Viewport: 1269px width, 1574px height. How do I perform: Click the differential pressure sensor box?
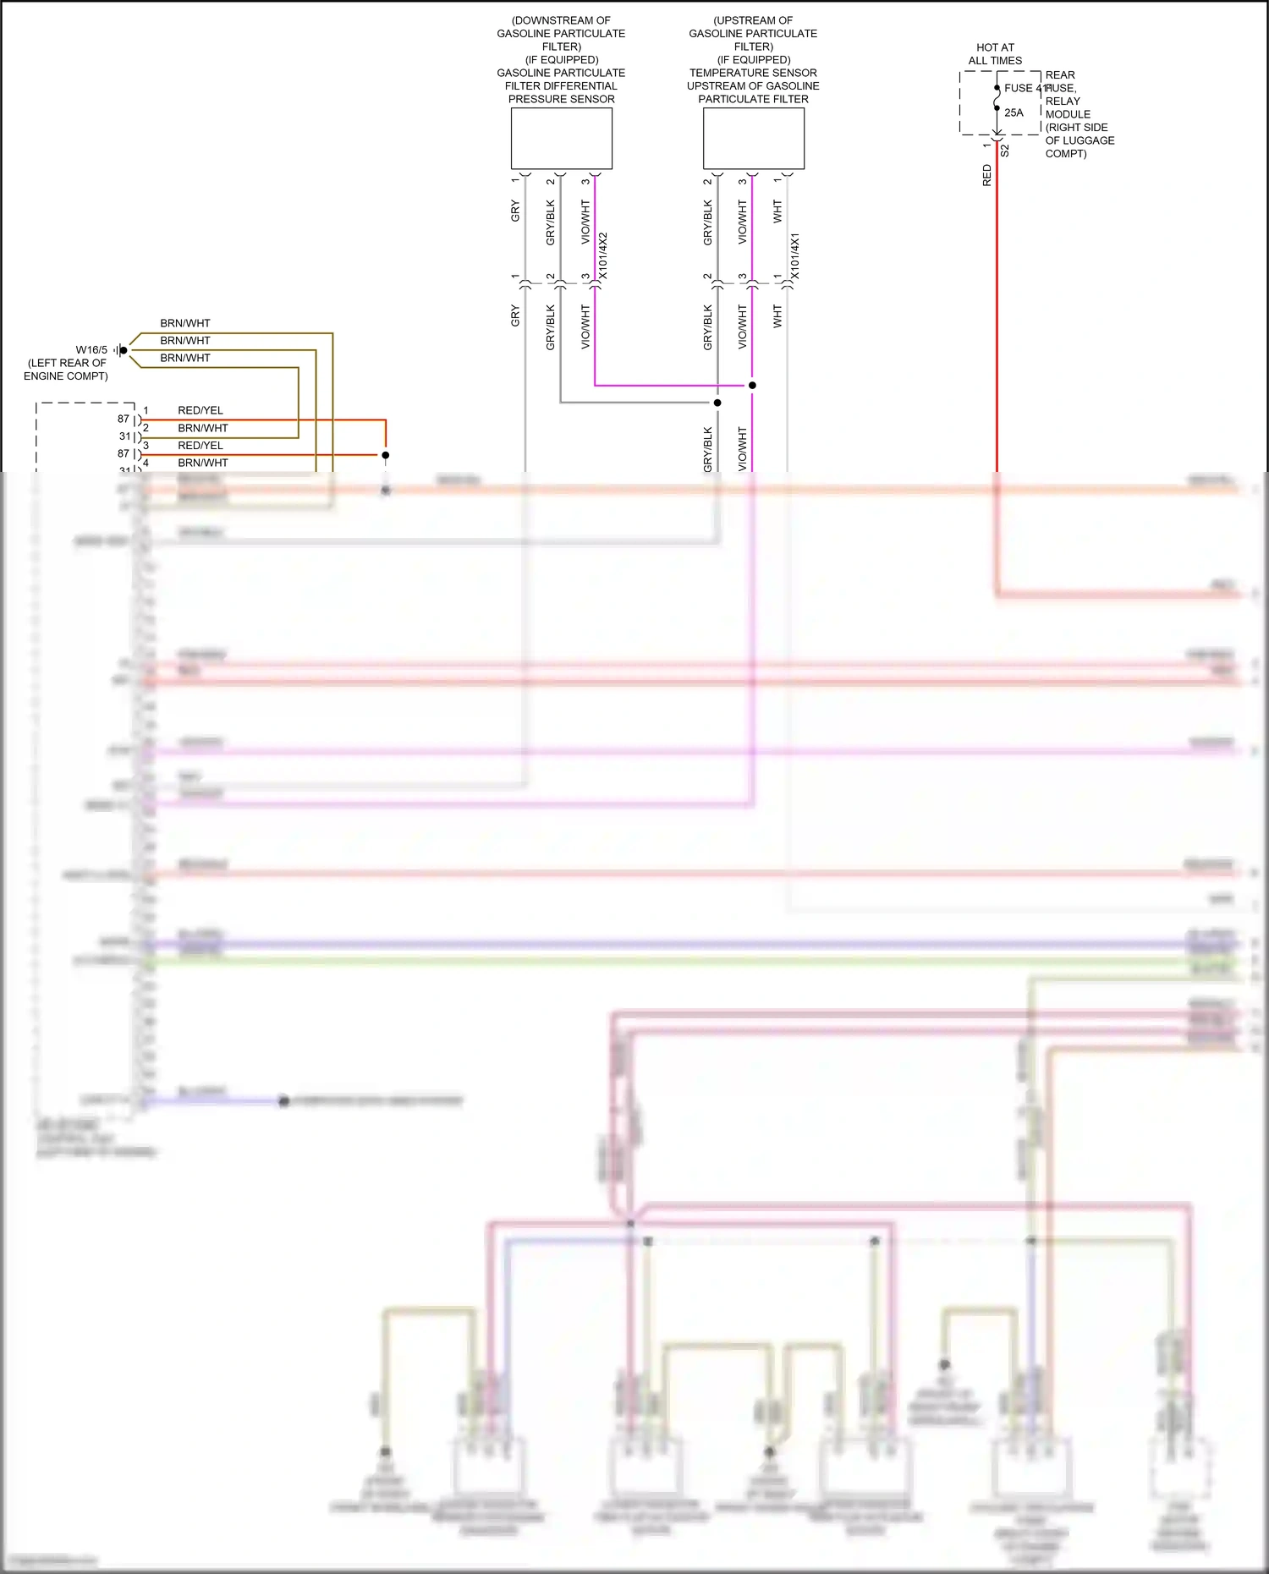tap(561, 138)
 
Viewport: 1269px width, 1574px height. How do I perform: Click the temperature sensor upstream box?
tap(753, 138)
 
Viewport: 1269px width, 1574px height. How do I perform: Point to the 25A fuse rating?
tap(1014, 112)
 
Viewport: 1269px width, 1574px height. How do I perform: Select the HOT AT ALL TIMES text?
tap(995, 54)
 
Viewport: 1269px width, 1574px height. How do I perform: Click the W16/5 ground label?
tap(91, 350)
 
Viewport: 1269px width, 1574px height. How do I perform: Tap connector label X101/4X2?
tap(603, 255)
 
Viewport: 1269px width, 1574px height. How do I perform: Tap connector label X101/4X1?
tap(794, 255)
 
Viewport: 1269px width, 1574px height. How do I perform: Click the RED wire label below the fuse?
tap(986, 176)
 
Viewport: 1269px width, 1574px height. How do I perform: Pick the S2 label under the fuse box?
tap(1005, 151)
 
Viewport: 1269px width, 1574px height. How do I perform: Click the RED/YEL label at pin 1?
tap(201, 410)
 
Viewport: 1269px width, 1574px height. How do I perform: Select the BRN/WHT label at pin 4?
tap(203, 463)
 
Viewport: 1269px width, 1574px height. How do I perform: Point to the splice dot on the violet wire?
tap(752, 385)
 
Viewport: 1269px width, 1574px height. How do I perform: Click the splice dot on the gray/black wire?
tap(717, 403)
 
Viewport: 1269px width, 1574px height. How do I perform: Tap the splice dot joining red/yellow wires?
tap(385, 455)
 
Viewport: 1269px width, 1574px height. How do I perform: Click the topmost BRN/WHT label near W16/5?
tap(185, 323)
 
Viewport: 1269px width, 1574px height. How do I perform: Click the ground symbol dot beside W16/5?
tap(124, 350)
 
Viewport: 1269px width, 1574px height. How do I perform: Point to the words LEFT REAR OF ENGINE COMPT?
tap(66, 370)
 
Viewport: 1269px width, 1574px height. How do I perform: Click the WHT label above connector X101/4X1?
tap(777, 211)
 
